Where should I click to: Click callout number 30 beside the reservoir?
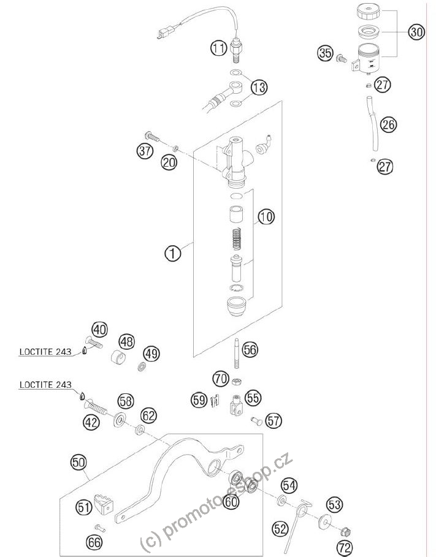pos(416,32)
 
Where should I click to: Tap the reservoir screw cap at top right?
pos(369,12)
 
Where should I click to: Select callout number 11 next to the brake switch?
pos(218,48)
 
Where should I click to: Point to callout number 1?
pos(173,253)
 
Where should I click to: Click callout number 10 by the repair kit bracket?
pos(266,216)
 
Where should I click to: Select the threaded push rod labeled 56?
pos(237,354)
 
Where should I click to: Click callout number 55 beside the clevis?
pos(253,398)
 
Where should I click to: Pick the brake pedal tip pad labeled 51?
pos(104,503)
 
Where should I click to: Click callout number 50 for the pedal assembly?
pos(79,463)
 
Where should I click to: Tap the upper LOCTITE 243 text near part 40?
pos(45,352)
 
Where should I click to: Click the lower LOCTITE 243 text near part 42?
pos(45,385)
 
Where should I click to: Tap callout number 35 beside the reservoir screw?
pos(325,53)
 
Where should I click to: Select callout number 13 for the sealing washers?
pos(259,87)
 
